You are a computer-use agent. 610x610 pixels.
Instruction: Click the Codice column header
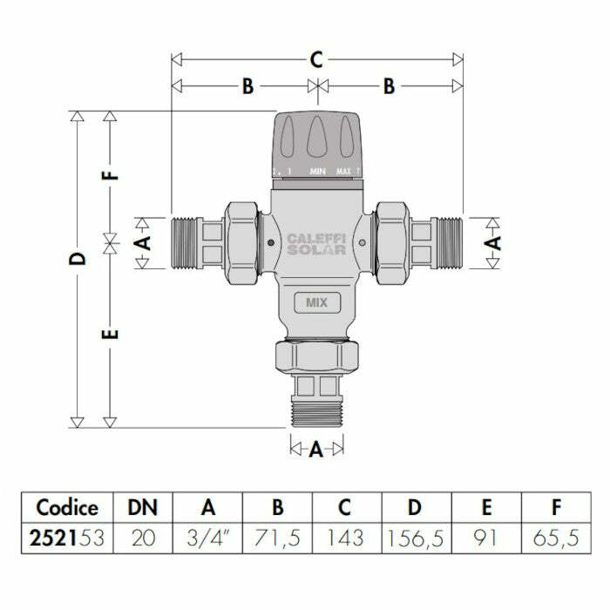tap(67, 507)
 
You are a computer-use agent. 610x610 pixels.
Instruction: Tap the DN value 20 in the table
tap(143, 539)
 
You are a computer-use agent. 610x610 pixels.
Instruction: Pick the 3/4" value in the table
tap(207, 539)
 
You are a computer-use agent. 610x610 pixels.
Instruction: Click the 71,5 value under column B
tap(276, 539)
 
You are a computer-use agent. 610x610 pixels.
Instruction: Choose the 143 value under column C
tap(346, 539)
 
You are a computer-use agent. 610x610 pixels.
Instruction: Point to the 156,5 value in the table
tap(416, 539)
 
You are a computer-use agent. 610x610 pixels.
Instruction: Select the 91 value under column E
tap(486, 539)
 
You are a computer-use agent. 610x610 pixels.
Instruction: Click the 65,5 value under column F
tap(554, 539)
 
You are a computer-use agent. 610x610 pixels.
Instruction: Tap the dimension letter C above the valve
tap(316, 60)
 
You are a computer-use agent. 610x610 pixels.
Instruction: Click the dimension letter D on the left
tap(78, 259)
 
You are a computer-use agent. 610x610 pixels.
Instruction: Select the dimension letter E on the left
tap(109, 334)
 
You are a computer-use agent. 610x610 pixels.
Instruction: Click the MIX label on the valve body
tap(316, 302)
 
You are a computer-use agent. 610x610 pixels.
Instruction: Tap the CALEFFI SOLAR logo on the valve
tap(316, 243)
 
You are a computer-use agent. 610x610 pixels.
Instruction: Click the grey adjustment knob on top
tap(316, 139)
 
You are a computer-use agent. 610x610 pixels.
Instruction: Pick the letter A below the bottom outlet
tap(316, 449)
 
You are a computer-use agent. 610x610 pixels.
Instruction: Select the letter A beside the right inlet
tap(493, 242)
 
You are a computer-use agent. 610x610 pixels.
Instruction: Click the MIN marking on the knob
tap(317, 172)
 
